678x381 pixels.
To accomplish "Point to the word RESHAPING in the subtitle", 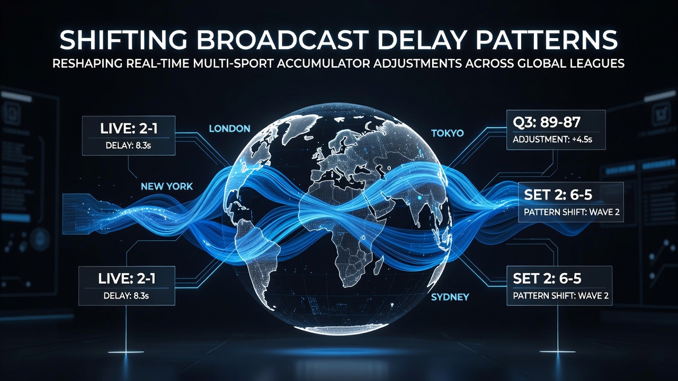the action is coord(87,63).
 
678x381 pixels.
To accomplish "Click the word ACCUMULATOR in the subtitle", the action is coord(322,63).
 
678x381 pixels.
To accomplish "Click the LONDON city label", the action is coord(230,129).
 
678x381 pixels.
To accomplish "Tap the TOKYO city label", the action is coord(448,133).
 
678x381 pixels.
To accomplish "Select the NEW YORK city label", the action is coord(167,186).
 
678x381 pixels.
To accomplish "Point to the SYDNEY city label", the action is coord(450,297).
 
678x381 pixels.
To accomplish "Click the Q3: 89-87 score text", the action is coord(546,122).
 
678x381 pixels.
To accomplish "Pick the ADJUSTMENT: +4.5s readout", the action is coord(552,140).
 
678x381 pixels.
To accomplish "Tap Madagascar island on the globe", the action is coord(378,266).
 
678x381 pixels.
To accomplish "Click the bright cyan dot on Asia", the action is coord(419,197).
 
